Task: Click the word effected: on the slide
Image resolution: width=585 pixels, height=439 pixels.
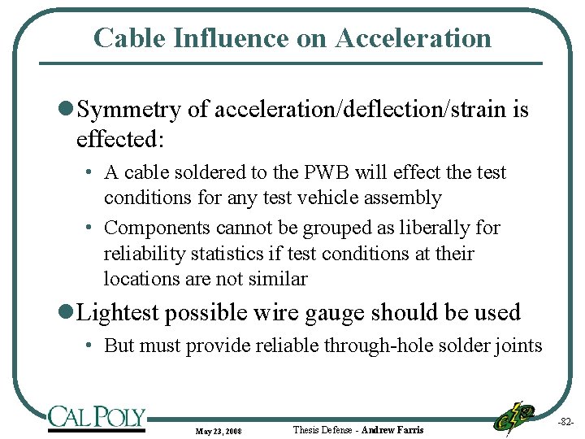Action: [x=120, y=139]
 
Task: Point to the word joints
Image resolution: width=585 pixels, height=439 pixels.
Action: [x=514, y=346]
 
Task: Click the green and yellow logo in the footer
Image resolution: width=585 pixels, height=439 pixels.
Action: [x=514, y=416]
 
